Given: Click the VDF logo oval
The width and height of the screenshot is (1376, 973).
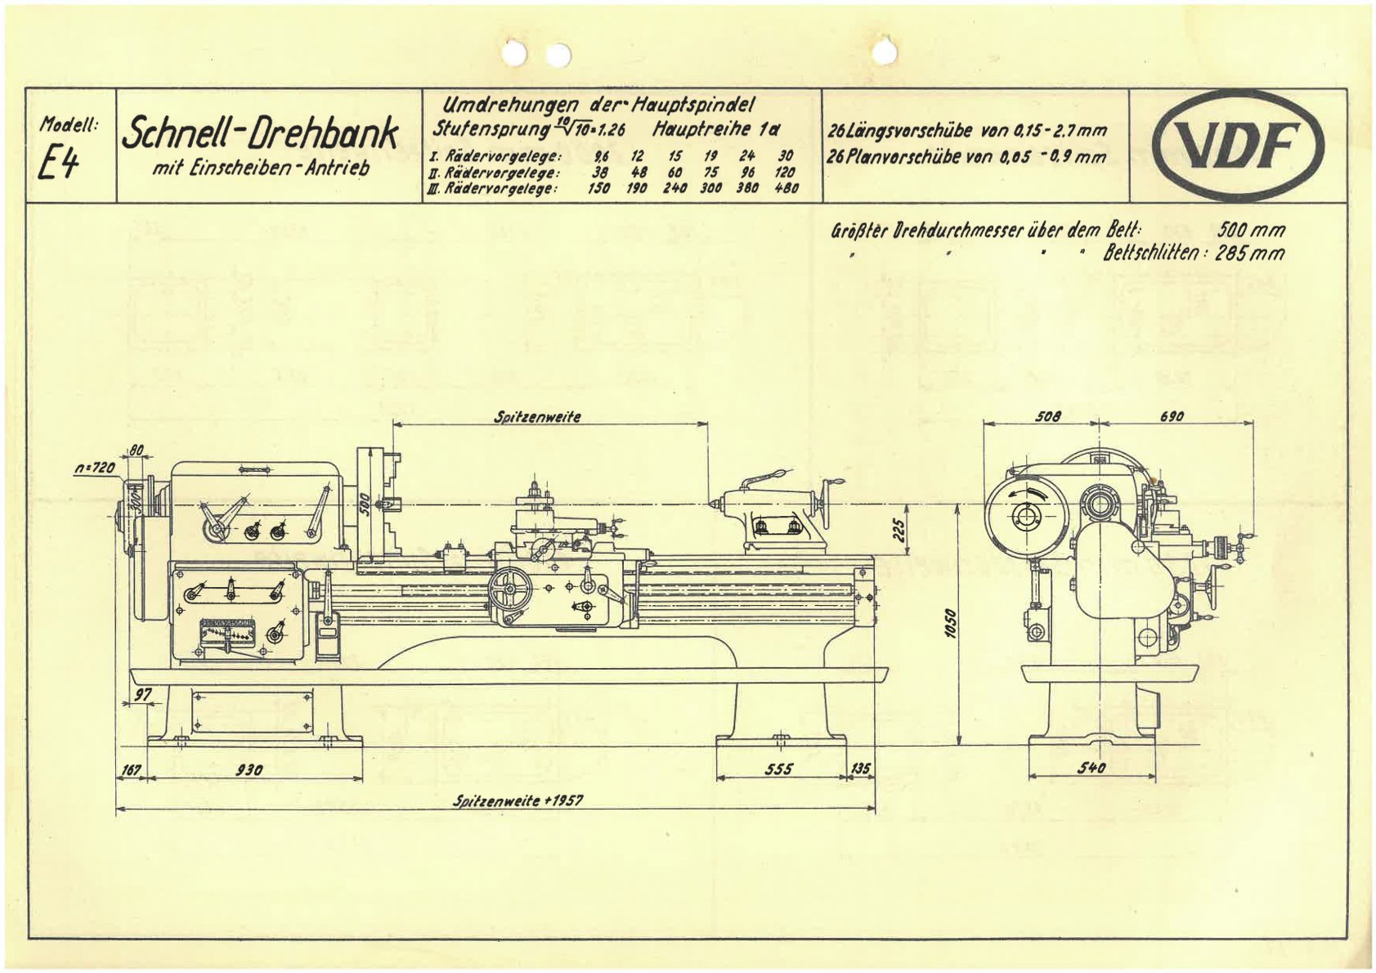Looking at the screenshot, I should [x=1238, y=146].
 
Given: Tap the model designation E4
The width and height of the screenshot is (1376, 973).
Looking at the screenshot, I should [x=58, y=165].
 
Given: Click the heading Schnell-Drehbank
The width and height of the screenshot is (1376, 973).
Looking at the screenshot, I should [x=260, y=132].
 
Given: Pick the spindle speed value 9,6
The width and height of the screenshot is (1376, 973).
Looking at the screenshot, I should [x=602, y=156].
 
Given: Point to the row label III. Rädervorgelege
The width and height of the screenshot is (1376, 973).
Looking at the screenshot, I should [x=491, y=188].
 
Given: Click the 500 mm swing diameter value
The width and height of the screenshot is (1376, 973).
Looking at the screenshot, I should [x=1251, y=230].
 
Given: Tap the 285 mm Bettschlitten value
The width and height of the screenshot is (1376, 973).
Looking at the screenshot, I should [x=1251, y=253].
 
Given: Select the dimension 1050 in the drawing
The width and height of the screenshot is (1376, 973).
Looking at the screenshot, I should [x=949, y=625].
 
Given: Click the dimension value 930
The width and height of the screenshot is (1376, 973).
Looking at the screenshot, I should [x=249, y=769].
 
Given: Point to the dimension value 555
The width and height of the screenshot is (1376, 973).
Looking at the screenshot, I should [x=779, y=769].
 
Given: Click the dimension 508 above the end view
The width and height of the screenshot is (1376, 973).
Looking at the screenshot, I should [x=1047, y=416].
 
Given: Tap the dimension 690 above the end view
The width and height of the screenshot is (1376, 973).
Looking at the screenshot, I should [x=1171, y=416].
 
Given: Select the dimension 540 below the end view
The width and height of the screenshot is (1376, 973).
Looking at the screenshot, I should [x=1091, y=768].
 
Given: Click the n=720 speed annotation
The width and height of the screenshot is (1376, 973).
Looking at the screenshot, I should [x=94, y=468].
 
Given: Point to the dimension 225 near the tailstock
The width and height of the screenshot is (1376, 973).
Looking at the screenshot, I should [x=899, y=532].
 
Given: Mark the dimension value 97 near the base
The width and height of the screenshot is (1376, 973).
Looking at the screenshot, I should [x=143, y=694].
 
